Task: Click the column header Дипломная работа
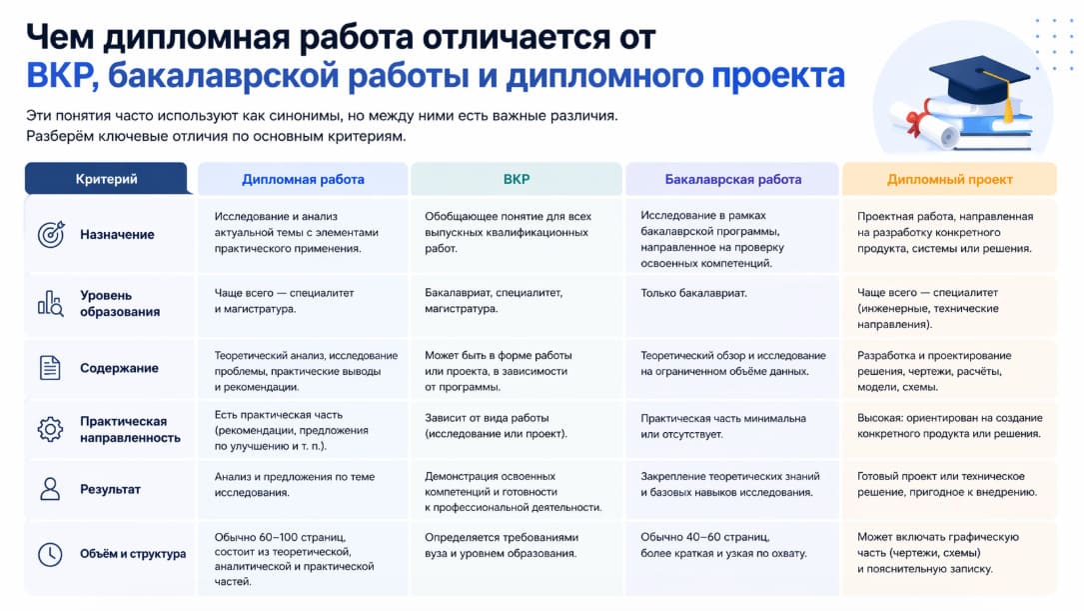[x=303, y=180]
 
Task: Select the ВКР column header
[x=517, y=180]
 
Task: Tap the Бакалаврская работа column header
[x=733, y=180]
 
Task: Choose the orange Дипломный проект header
[x=949, y=180]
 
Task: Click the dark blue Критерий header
[x=106, y=180]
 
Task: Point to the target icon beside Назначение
[x=50, y=235]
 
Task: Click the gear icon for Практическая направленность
[x=50, y=430]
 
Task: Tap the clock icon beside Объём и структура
[x=50, y=554]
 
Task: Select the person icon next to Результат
[x=50, y=490]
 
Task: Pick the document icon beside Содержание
[x=50, y=368]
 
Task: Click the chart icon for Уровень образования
[x=50, y=303]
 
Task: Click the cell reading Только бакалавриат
[x=693, y=293]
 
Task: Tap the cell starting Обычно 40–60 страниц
[x=723, y=545]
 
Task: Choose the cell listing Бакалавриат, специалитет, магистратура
[x=494, y=301]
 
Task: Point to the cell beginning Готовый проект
[x=947, y=484]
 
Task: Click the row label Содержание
[x=119, y=368]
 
